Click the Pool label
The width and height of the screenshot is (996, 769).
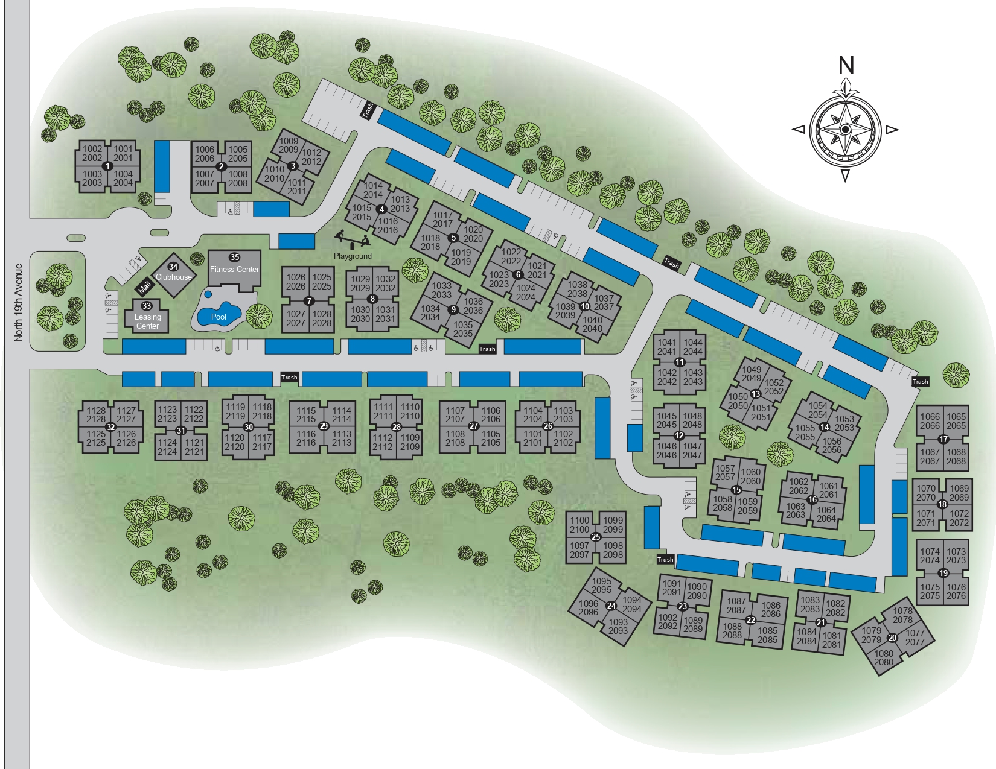[219, 317]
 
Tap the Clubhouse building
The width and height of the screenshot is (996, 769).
[173, 275]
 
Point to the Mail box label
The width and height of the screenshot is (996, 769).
[144, 288]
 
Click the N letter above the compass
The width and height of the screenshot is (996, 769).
[846, 66]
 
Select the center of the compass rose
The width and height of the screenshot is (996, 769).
[846, 130]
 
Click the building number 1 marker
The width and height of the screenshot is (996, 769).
[107, 166]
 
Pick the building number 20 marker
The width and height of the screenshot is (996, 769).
[892, 638]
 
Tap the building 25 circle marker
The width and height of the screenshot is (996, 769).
[596, 537]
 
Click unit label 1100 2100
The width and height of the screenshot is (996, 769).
[579, 525]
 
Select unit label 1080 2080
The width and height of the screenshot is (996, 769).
[884, 657]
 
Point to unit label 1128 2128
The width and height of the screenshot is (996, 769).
[96, 414]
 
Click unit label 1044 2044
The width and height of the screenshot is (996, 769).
[693, 347]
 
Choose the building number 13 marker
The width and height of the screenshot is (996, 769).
[755, 394]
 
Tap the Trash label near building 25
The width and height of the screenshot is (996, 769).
[665, 559]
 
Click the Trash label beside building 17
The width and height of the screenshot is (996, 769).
[920, 381]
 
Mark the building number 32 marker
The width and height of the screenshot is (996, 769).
[110, 427]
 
